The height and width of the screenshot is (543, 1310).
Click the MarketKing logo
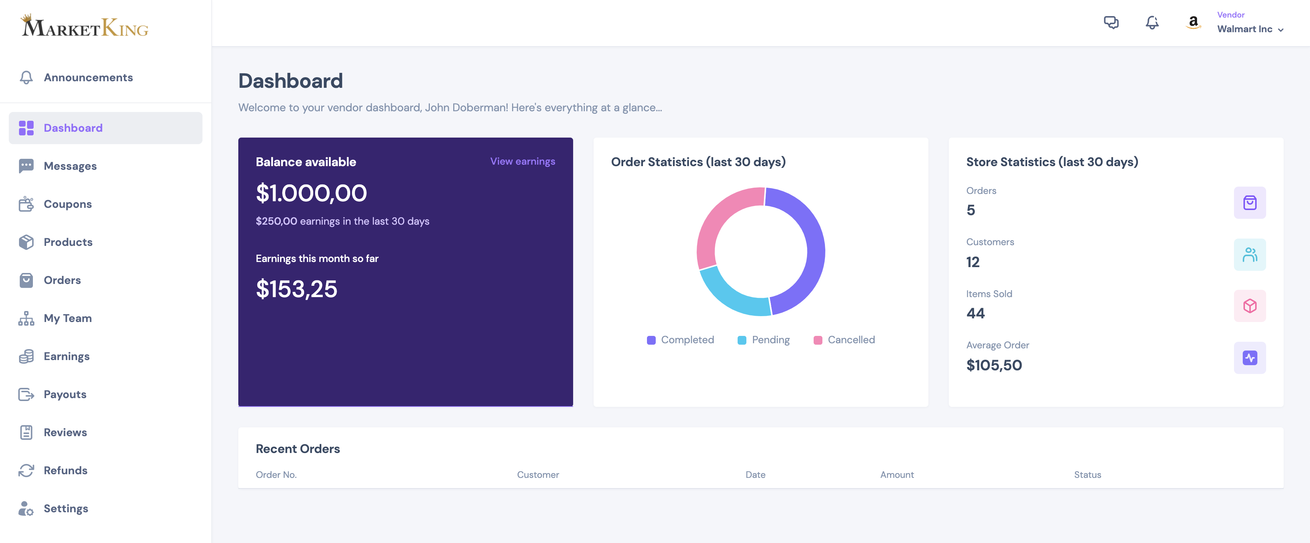[x=84, y=26]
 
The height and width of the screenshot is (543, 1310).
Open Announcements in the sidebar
[x=88, y=77]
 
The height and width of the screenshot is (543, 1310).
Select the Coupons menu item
[x=68, y=204]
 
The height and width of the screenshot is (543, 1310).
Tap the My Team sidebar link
[x=68, y=318]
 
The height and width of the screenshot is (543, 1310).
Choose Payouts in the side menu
[x=65, y=394]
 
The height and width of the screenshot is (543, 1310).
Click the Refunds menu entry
[x=65, y=470]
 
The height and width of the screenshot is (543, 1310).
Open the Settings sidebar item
[x=65, y=508]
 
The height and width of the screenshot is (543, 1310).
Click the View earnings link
[x=522, y=161]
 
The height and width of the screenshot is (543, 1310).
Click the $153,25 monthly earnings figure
[x=296, y=289]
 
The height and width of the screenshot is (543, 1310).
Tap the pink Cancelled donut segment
[x=722, y=219]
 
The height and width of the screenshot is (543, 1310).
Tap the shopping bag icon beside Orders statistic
[x=1249, y=203]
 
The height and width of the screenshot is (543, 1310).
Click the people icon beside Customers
[x=1249, y=254]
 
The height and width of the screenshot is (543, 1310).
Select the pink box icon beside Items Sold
[x=1249, y=306]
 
